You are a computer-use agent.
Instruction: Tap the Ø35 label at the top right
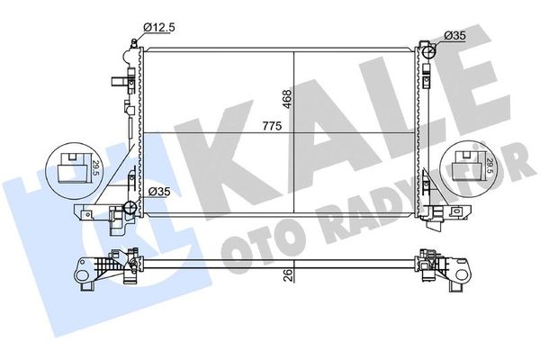pyautogui.click(x=454, y=35)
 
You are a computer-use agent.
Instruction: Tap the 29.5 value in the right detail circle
pyautogui.click(x=488, y=165)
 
